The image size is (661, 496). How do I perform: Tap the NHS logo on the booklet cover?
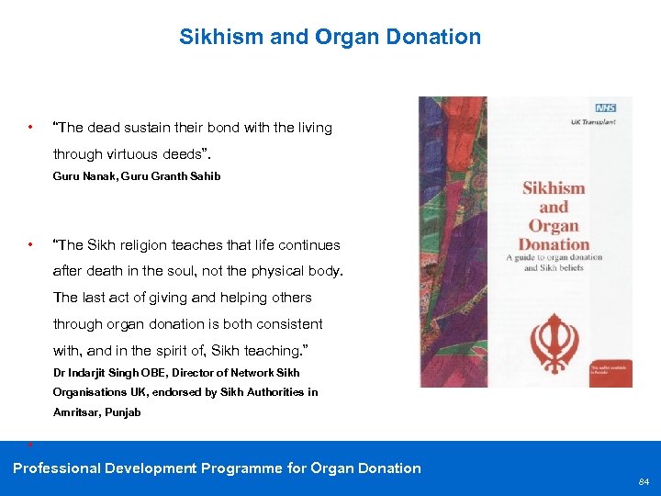(604, 107)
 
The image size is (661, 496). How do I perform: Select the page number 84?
(644, 481)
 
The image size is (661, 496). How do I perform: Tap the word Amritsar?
(77, 412)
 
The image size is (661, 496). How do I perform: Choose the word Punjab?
(122, 412)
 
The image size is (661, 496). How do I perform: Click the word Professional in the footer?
(56, 468)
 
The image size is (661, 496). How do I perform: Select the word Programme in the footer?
(239, 468)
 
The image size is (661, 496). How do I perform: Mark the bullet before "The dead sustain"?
(31, 127)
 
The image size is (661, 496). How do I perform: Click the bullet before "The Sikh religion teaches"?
(31, 244)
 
